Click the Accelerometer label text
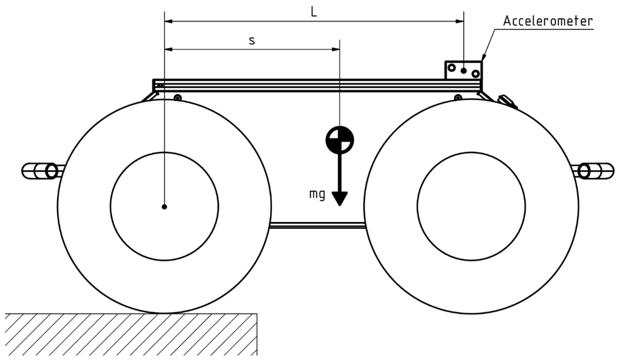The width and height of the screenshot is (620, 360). [x=548, y=21]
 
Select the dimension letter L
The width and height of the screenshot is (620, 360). [x=314, y=12]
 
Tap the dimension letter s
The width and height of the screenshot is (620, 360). [x=252, y=41]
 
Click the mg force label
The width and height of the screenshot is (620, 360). [x=317, y=195]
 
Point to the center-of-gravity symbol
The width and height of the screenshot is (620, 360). [x=339, y=139]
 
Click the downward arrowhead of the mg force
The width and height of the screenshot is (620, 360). [x=339, y=198]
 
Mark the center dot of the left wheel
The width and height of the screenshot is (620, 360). [x=165, y=207]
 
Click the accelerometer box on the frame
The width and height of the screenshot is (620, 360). [x=463, y=70]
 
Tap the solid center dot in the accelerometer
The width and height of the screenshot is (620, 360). [x=463, y=71]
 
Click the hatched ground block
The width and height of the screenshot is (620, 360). [x=131, y=334]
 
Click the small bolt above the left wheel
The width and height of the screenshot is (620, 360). [x=178, y=97]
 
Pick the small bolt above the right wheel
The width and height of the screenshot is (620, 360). [x=458, y=97]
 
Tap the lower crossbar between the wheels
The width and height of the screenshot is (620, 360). [x=318, y=225]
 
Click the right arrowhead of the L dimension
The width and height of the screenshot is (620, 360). [x=459, y=22]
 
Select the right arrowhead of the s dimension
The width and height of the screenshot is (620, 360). [x=335, y=49]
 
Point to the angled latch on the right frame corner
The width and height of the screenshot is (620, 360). [x=508, y=101]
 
